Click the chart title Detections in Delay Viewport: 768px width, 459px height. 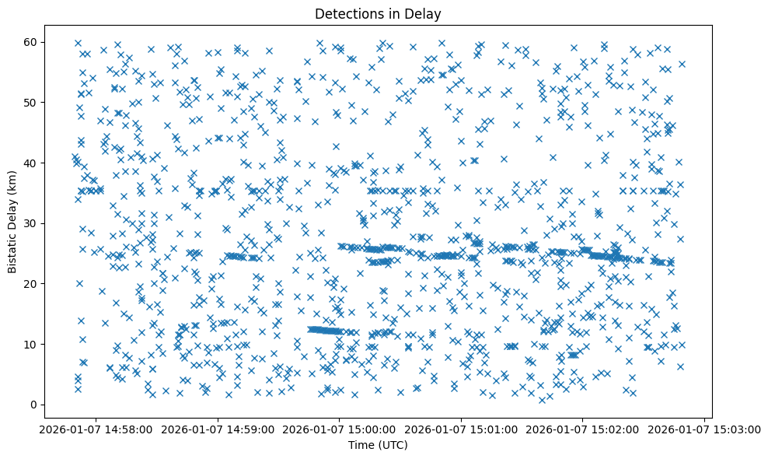(x=377, y=13)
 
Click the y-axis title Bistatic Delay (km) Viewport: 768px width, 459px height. (x=12, y=222)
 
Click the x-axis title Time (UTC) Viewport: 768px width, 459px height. (x=377, y=445)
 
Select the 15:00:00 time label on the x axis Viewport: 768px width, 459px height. (x=339, y=429)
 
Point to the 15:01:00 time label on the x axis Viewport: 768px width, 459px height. (x=461, y=429)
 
